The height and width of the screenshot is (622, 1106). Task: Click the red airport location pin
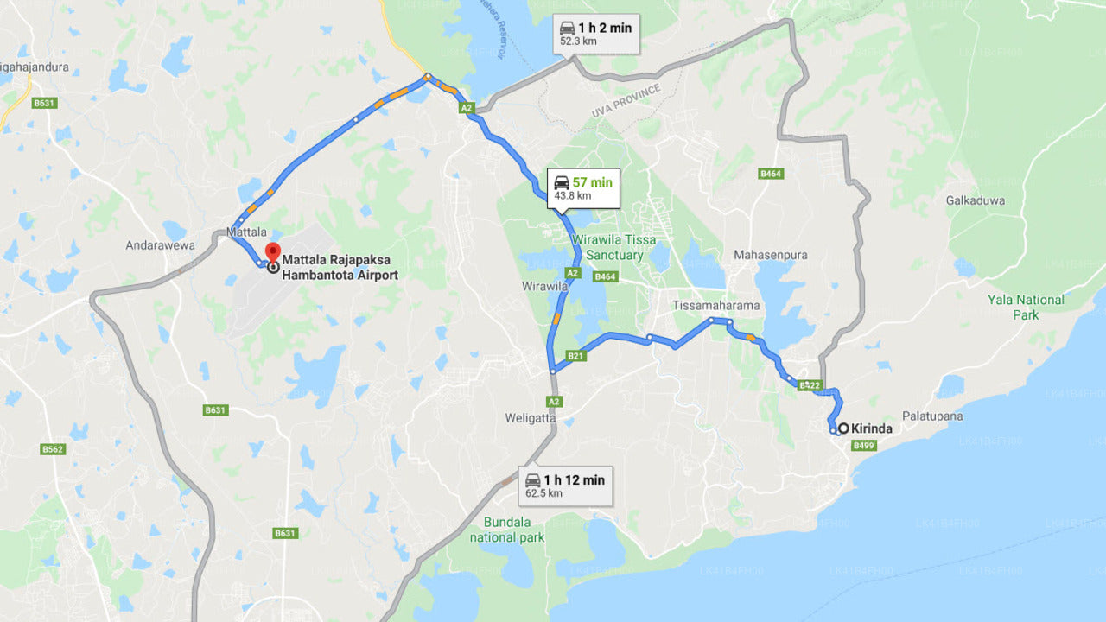273,253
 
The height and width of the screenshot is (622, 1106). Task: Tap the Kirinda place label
872,428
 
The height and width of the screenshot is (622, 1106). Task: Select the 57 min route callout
583,187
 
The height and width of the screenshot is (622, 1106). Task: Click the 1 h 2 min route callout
595,34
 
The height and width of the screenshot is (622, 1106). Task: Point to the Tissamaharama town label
716,306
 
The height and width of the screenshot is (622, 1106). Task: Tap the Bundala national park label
507,530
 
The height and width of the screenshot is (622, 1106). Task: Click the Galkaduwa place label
976,200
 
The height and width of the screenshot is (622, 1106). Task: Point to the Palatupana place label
932,416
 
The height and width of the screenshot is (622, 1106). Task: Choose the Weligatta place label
531,418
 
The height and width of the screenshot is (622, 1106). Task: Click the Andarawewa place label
161,245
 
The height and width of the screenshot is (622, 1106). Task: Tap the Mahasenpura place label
771,255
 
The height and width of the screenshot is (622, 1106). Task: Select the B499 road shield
864,446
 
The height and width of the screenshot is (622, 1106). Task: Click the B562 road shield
54,449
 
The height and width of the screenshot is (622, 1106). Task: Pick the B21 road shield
576,355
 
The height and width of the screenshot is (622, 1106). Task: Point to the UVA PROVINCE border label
626,102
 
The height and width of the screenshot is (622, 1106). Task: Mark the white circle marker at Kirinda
842,428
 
